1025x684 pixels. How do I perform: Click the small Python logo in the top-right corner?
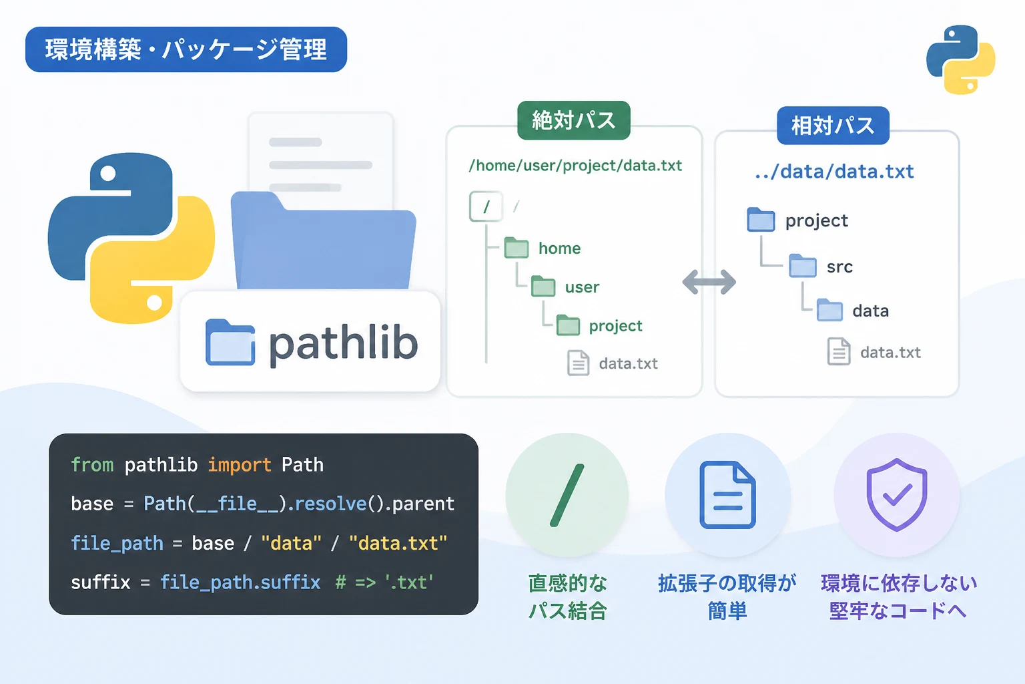(x=960, y=59)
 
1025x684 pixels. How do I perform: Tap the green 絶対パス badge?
(x=573, y=120)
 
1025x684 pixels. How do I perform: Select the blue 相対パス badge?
(x=833, y=126)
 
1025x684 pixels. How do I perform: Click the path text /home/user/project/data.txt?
(x=575, y=166)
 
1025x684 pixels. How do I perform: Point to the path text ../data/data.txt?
(x=834, y=172)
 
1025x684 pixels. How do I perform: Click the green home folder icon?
(x=516, y=247)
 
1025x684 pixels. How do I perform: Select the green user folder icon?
(x=543, y=287)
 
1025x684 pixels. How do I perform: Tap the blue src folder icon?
(x=803, y=266)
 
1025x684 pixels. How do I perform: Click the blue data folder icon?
(x=829, y=310)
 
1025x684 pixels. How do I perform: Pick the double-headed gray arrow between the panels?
(x=709, y=282)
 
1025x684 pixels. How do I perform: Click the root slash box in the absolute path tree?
(x=486, y=206)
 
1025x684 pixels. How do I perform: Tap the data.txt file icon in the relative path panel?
(x=839, y=351)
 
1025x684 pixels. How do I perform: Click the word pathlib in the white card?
(x=343, y=343)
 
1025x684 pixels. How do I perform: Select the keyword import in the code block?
(x=240, y=465)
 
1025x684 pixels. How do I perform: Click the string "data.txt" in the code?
(x=398, y=543)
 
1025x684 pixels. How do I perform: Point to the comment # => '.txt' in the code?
(x=384, y=582)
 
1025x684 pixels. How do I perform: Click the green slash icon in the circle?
(x=567, y=495)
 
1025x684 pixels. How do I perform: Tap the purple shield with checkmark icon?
(x=896, y=495)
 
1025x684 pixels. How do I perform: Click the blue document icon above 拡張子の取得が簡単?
(x=727, y=495)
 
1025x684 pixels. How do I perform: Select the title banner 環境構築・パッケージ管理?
(x=186, y=49)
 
